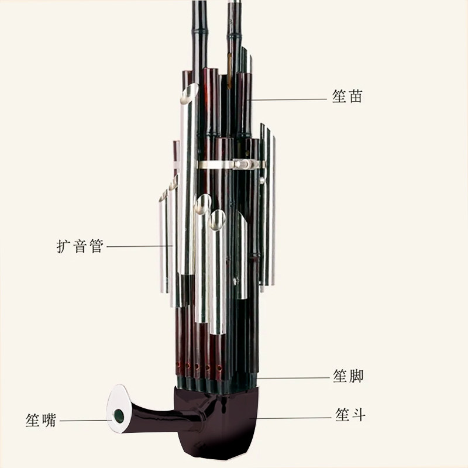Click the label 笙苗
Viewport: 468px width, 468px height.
(347, 97)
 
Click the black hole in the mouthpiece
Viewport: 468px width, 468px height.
(119, 415)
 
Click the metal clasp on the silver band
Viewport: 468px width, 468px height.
(240, 164)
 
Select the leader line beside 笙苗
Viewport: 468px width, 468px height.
(287, 99)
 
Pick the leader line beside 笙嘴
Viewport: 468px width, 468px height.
(85, 420)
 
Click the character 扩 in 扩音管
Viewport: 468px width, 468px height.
(64, 246)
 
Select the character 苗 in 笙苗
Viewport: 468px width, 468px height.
(356, 97)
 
